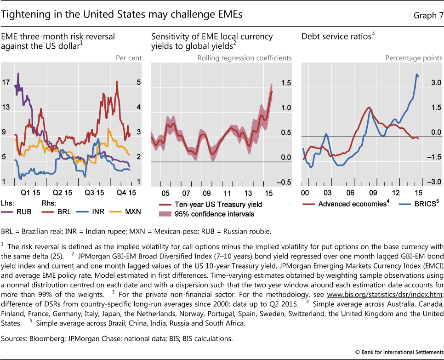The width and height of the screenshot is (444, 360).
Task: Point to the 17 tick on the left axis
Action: (6, 83)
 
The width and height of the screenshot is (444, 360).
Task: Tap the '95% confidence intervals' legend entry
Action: (209, 214)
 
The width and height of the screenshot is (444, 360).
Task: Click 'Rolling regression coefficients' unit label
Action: (244, 58)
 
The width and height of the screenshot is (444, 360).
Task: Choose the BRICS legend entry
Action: (416, 204)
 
